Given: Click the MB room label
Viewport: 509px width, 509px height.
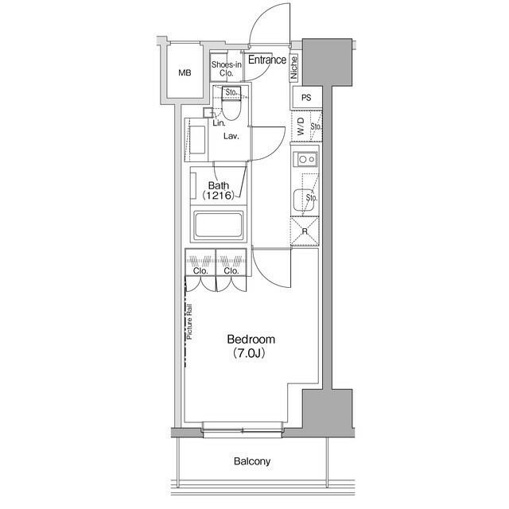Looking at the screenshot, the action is pos(185,73).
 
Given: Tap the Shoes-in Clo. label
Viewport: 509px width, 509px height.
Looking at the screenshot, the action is pos(226,69).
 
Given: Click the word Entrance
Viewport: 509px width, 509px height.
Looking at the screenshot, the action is pos(267,60).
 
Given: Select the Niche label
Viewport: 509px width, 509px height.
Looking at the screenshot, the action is pos(293,68).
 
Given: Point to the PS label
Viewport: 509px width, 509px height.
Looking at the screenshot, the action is pos(306,97).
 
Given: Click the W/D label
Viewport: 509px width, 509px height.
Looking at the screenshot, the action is pos(301,126).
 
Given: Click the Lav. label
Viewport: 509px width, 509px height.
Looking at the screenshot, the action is pos(231,136).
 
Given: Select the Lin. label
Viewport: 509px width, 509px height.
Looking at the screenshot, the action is pos(220,123).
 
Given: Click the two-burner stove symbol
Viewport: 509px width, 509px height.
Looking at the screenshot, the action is pos(305,159).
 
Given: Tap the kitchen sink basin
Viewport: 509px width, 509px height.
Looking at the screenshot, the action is pos(302,200).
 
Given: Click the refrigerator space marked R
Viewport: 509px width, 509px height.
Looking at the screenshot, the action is pos(305,231).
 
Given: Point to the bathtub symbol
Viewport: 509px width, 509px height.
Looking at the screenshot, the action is pos(218,224).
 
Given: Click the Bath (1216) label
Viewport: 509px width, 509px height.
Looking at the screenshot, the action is pos(219,191).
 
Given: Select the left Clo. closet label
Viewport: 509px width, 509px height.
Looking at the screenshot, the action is pos(200,270).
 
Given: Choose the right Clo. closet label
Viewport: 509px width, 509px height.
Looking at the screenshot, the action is pos(231,270).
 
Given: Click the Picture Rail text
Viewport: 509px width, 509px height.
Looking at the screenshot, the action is pos(189,321).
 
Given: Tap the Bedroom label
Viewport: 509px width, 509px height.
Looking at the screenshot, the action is pos(251,340).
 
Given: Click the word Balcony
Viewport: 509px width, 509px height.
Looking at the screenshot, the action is pos(252,461).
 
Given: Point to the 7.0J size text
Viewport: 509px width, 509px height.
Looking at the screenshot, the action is pos(249,353).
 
